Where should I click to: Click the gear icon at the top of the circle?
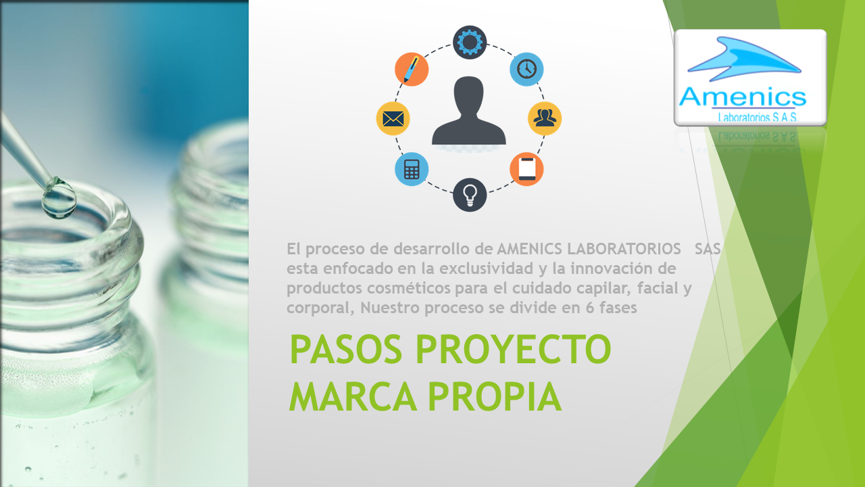(469, 42)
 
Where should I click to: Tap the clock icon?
(526, 69)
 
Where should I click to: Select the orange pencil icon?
(412, 69)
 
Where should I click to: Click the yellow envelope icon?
(393, 118)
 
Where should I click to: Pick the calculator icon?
(412, 169)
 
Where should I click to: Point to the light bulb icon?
(469, 194)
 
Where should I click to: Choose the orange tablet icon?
(526, 169)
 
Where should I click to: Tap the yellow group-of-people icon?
(545, 118)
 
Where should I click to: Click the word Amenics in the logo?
(743, 97)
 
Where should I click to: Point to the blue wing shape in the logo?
(744, 58)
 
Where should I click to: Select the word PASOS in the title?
(346, 350)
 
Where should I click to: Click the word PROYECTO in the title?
(513, 350)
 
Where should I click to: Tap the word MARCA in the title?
(353, 397)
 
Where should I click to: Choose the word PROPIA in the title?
(495, 397)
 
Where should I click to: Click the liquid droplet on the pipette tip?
(59, 198)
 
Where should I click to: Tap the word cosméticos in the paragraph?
(409, 288)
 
